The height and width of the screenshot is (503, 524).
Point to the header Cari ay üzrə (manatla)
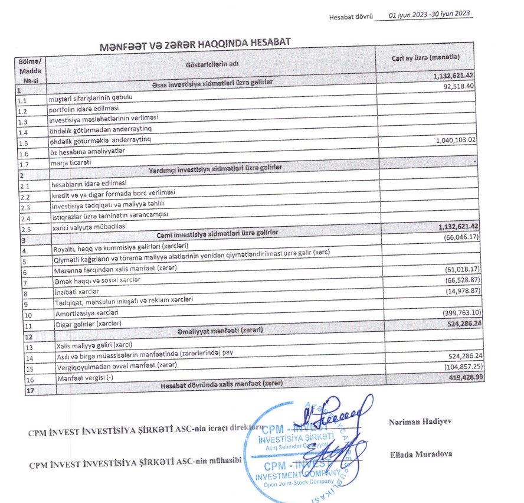pos(425,57)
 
